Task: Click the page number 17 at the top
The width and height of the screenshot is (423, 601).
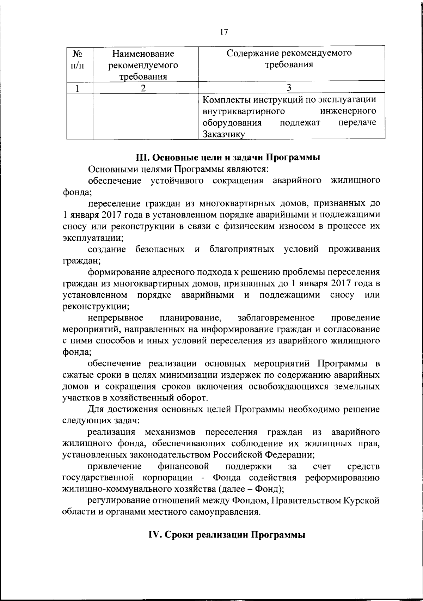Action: tap(223, 32)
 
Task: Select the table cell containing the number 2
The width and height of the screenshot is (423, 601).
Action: tap(143, 88)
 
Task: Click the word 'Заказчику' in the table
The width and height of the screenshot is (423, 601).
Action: tap(223, 134)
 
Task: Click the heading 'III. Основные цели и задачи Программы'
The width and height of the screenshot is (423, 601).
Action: tap(228, 157)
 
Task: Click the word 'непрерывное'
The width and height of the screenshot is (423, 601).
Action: tap(116, 318)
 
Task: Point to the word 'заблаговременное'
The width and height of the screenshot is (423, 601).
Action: tap(276, 318)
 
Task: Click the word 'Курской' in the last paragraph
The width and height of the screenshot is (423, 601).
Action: tap(361, 501)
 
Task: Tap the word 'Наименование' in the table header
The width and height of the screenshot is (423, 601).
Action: tap(143, 54)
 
